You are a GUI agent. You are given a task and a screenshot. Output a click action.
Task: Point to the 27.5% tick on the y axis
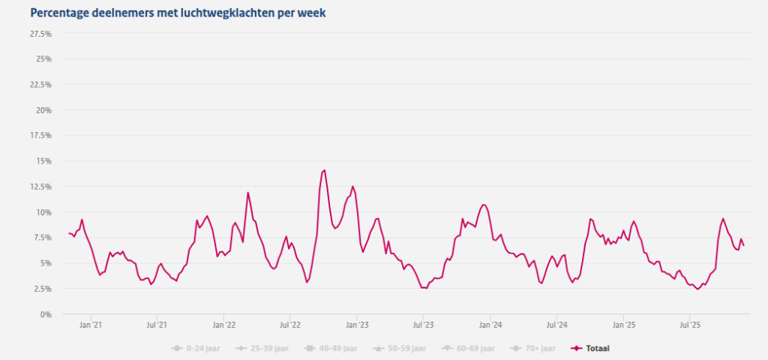point(40,34)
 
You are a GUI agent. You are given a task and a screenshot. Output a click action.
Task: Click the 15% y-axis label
point(43,161)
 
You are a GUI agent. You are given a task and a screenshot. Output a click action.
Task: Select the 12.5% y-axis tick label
point(40,187)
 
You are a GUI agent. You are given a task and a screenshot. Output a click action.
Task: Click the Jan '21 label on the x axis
point(91,325)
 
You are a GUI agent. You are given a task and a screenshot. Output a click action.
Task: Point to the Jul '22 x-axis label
point(289,325)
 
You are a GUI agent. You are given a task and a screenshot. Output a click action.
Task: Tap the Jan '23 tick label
point(356,325)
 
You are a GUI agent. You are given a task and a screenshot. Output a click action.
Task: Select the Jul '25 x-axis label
point(689,325)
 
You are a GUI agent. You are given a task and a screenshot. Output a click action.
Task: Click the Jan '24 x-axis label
point(490,325)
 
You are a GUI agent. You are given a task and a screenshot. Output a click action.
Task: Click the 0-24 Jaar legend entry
point(198,348)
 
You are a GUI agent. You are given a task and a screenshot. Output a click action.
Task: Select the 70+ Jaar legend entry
point(536,348)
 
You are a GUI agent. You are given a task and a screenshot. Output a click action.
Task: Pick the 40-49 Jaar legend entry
point(333,348)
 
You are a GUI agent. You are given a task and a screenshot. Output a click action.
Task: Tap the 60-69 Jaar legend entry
point(470,348)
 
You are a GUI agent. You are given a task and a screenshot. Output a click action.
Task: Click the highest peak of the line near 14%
point(324,169)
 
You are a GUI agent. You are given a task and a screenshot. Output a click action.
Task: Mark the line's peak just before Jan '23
point(352,186)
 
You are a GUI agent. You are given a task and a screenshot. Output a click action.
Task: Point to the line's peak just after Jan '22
point(247,193)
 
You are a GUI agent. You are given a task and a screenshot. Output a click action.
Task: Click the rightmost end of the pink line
point(744,245)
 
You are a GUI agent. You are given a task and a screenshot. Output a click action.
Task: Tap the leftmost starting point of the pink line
point(68,233)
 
